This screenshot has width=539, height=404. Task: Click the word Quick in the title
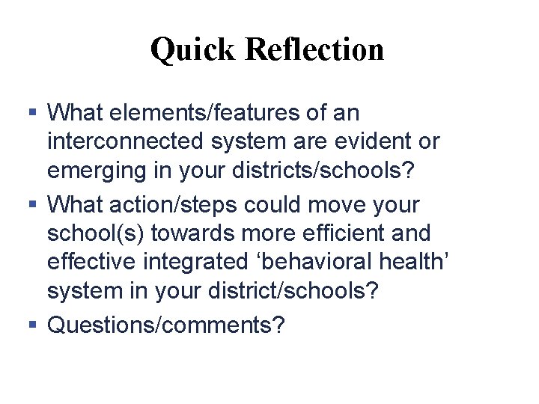click(192, 50)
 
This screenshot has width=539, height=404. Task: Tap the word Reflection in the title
click(314, 49)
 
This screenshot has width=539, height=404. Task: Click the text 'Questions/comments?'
click(166, 325)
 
